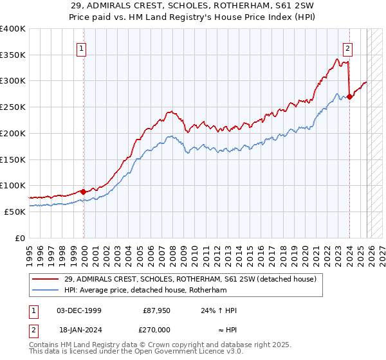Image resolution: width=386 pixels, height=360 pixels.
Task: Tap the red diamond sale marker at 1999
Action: (x=84, y=192)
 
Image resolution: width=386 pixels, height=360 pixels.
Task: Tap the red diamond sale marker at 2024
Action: (x=349, y=97)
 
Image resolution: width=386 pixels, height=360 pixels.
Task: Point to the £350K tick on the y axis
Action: (x=13, y=55)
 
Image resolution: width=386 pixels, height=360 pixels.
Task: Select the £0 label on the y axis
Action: (x=20, y=238)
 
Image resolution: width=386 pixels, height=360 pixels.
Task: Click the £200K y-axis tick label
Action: (x=13, y=134)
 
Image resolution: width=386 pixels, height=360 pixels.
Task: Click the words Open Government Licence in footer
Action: (x=190, y=352)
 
